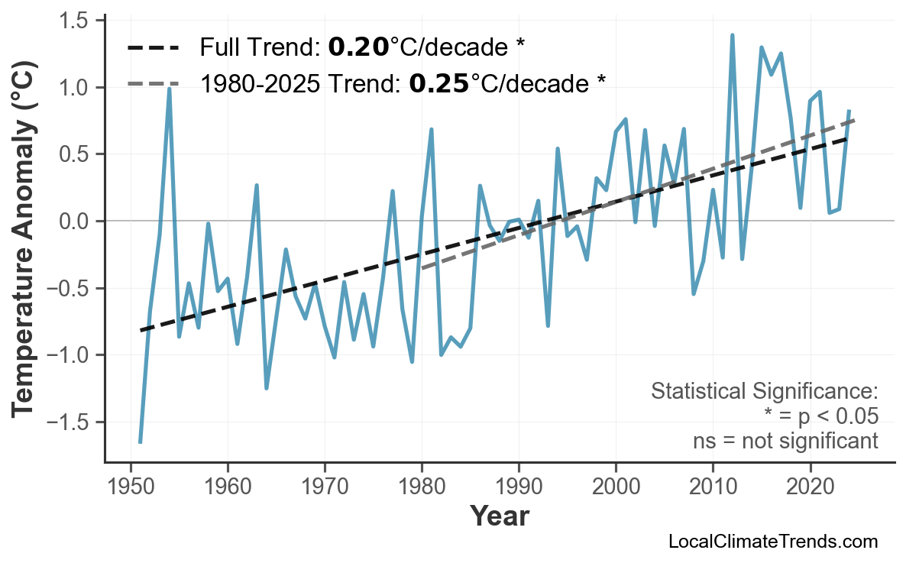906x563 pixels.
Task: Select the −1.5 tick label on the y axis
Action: point(66,422)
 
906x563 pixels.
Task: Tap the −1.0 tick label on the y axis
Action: point(66,355)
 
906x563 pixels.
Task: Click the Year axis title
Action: point(499,516)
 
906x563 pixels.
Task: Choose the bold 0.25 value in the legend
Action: point(439,83)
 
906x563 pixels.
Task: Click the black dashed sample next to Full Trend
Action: point(154,48)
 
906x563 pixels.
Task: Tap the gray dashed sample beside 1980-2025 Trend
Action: point(154,83)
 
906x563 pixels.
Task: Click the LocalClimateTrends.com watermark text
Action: point(772,542)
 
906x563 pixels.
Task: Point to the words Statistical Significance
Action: point(764,392)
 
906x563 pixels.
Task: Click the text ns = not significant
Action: point(785,441)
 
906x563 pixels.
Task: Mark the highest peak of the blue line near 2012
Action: point(732,35)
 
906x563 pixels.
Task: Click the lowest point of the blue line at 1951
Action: point(141,442)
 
